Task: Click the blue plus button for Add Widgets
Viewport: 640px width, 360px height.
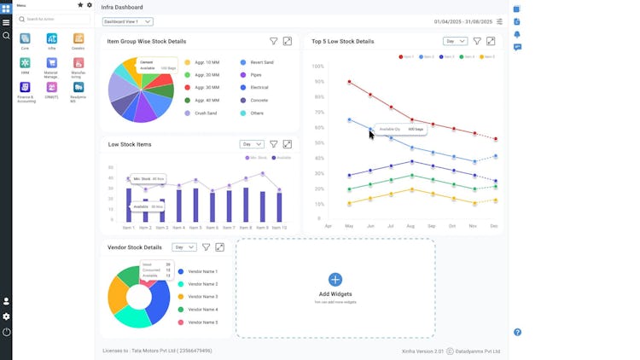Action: tap(335, 279)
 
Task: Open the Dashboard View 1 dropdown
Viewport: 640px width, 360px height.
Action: tap(127, 21)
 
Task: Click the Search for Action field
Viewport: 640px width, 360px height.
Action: tap(53, 19)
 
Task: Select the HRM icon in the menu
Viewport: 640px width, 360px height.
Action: tap(25, 63)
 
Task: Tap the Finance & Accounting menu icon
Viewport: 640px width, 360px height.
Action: tap(25, 88)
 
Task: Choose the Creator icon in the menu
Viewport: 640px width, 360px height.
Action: tap(79, 38)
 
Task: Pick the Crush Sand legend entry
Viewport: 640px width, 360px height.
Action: tap(205, 113)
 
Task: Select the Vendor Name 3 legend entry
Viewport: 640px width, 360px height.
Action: tap(203, 296)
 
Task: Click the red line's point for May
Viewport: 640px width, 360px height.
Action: tap(349, 82)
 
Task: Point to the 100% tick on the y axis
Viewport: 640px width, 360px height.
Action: tap(317, 66)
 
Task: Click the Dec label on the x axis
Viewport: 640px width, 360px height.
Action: tap(494, 226)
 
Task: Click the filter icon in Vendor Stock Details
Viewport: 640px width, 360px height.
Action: tap(206, 247)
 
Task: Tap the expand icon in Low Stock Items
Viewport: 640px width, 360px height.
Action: tap(287, 144)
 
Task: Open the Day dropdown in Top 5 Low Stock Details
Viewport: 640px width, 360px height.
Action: tap(455, 41)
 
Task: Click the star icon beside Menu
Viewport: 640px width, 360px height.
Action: tap(80, 5)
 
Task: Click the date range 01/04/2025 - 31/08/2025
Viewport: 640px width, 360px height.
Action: tap(463, 21)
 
